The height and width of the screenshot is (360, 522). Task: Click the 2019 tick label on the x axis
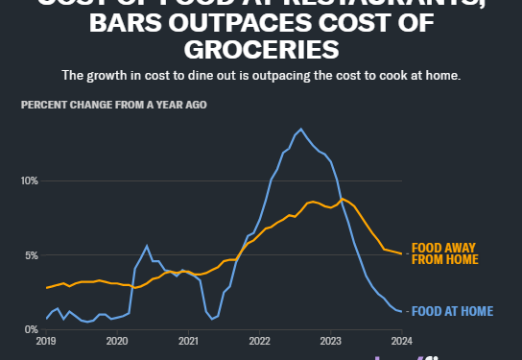coord(45,341)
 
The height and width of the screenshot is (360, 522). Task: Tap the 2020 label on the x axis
coord(116,341)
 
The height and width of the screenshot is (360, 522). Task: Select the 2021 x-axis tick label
coord(188,341)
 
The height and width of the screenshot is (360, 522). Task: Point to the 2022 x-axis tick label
coord(259,341)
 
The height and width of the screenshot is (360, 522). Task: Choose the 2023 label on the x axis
coord(331,341)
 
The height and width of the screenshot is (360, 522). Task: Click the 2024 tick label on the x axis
coord(402,341)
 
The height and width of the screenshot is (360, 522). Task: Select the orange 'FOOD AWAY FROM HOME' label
coord(442,253)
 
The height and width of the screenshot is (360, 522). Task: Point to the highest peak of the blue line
coord(301,129)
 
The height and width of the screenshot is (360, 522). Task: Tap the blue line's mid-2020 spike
coord(147,247)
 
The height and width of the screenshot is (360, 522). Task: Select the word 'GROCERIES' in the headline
coord(261,48)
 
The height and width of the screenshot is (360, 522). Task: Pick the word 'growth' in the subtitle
coord(132,75)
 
